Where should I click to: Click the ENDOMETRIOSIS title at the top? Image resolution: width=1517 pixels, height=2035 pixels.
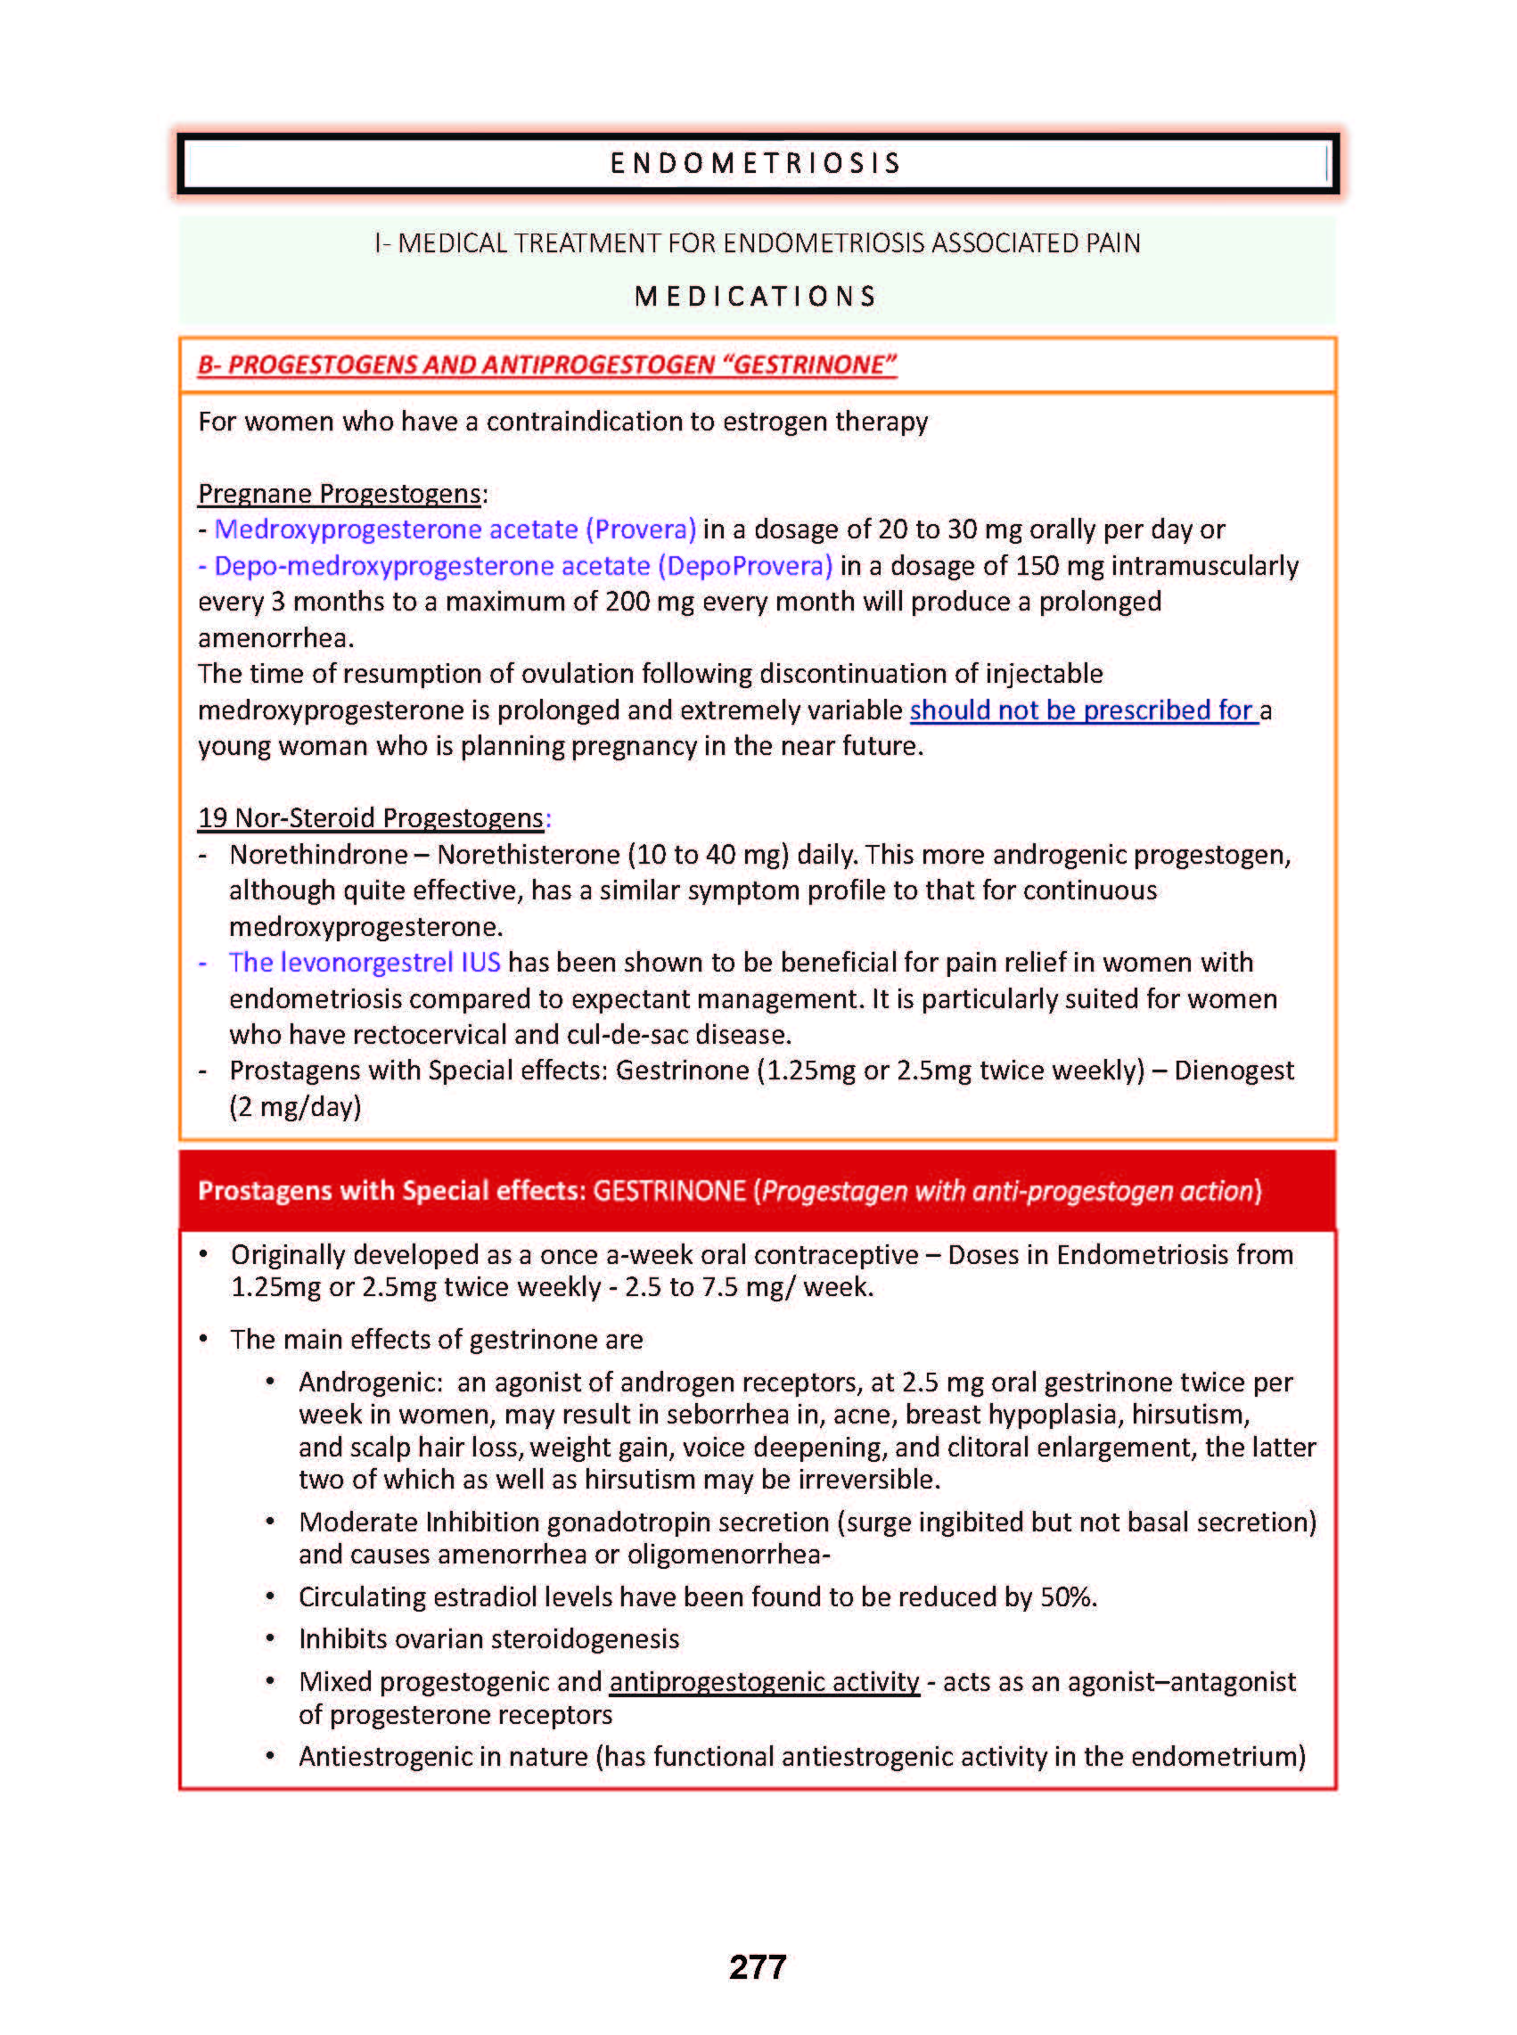click(x=756, y=163)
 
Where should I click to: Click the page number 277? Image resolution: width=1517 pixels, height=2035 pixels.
click(x=758, y=1967)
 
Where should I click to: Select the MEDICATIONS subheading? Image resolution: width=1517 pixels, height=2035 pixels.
click(x=756, y=297)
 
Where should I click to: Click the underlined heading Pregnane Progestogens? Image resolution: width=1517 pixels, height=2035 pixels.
click(x=340, y=494)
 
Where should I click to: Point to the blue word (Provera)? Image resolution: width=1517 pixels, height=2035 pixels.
click(x=641, y=529)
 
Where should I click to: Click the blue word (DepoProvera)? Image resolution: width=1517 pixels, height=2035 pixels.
click(x=745, y=566)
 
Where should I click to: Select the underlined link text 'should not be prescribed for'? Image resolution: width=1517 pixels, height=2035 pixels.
click(x=1083, y=710)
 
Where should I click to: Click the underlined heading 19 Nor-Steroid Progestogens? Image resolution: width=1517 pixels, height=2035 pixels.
click(x=371, y=818)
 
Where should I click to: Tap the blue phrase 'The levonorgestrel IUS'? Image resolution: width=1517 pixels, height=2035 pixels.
click(x=365, y=963)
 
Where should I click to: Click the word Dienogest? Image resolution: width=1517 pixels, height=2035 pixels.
click(x=1234, y=1071)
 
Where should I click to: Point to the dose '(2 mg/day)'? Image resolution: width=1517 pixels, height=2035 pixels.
click(x=295, y=1107)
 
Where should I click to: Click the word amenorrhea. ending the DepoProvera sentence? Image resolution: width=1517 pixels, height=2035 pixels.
click(x=275, y=638)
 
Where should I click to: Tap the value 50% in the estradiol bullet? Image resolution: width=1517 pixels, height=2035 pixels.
click(x=1067, y=1597)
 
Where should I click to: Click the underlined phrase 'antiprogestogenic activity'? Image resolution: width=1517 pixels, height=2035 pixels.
click(x=764, y=1681)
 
